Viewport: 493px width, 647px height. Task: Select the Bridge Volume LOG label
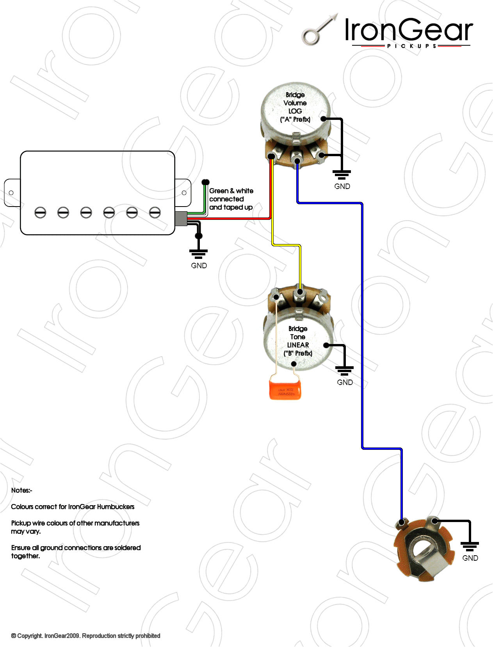295,107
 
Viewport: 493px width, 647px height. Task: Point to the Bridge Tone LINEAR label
298,341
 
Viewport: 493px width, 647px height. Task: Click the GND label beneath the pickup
199,266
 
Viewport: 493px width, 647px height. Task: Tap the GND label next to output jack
470,558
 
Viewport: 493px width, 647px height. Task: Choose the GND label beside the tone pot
345,382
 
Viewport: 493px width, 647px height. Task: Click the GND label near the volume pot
342,186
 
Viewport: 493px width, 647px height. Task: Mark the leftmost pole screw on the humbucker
40,212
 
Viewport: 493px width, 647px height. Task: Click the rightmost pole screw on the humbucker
155,212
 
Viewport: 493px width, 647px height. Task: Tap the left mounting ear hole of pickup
11,193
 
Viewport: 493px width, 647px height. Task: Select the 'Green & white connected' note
231,199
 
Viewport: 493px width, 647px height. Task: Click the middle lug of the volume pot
297,160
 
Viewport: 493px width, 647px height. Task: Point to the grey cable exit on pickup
181,219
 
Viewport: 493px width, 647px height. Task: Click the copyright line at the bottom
86,636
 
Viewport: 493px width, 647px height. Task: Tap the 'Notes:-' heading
21,490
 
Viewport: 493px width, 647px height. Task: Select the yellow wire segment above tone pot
300,266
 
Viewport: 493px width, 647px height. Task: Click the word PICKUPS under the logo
411,46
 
